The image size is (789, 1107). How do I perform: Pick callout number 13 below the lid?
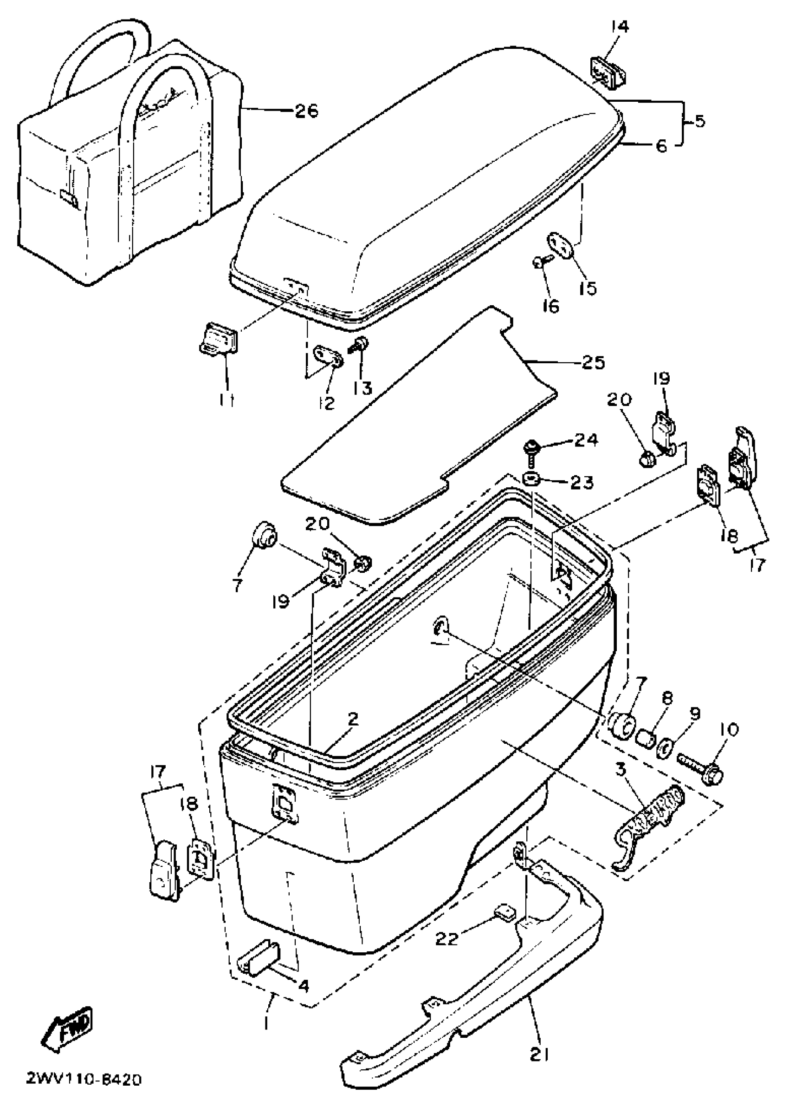point(362,387)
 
